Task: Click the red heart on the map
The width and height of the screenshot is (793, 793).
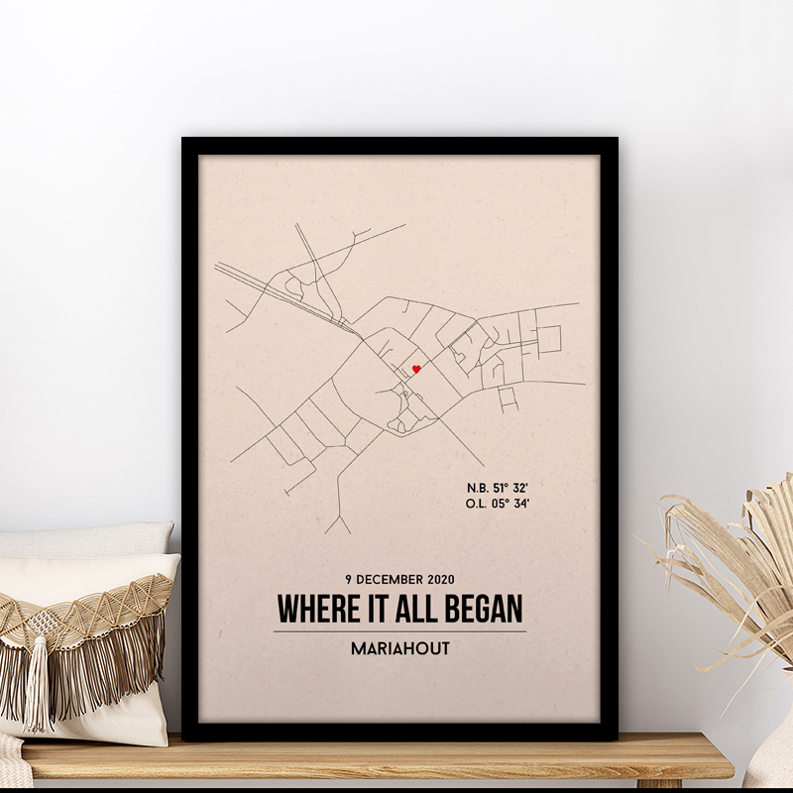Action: (x=416, y=370)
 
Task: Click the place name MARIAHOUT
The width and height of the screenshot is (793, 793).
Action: (x=399, y=650)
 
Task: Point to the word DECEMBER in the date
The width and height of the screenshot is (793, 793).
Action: (x=393, y=579)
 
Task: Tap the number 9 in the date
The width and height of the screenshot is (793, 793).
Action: (x=349, y=579)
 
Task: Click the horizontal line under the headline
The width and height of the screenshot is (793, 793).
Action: (x=399, y=631)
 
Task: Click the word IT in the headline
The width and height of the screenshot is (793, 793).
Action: (x=380, y=607)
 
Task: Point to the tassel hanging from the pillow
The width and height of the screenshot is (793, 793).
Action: (x=38, y=684)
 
